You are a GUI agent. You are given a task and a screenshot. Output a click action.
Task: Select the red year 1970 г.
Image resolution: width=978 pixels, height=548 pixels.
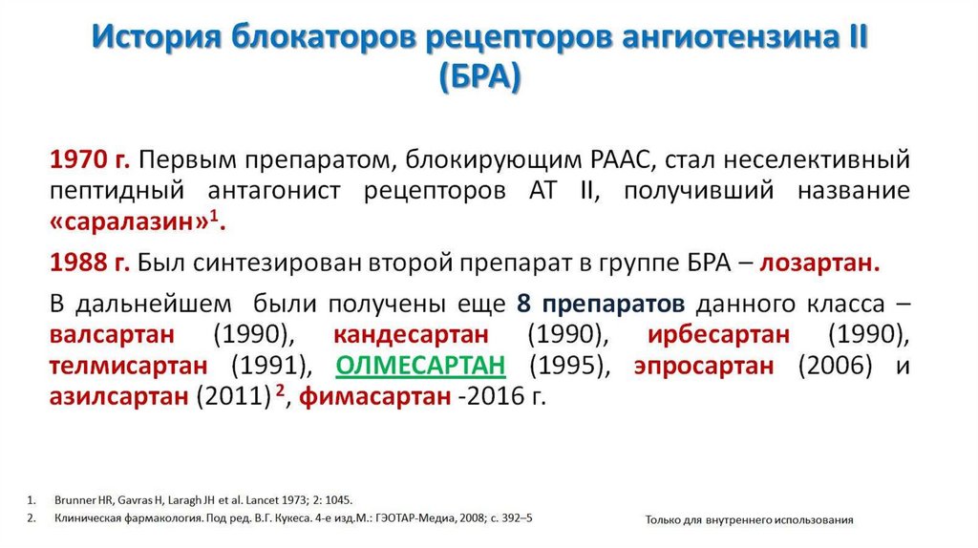pyautogui.click(x=89, y=158)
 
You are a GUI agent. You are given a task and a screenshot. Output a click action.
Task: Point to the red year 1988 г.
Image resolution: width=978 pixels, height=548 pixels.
pyautogui.click(x=89, y=263)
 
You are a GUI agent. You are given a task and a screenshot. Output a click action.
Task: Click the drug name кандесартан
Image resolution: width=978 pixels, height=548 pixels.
pyautogui.click(x=412, y=335)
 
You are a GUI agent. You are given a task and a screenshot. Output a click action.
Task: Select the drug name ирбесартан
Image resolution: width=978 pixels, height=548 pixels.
pyautogui.click(x=718, y=335)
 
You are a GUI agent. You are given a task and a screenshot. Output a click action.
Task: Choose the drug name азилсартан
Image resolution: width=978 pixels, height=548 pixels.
pyautogui.click(x=117, y=397)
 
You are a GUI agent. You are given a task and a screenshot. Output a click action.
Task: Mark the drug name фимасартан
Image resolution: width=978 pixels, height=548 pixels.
pyautogui.click(x=375, y=397)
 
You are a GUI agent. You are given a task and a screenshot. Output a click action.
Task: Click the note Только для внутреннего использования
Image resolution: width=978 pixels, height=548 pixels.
pyautogui.click(x=749, y=519)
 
